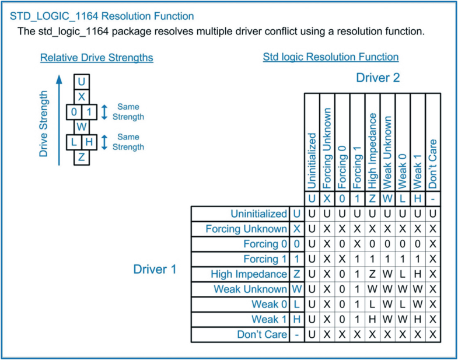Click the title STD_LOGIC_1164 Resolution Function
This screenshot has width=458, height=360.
[x=102, y=16]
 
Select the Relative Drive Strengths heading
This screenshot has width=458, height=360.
[x=96, y=58]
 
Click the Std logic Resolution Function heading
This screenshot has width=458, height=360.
[x=331, y=57]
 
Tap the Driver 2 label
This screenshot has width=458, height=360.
[x=379, y=78]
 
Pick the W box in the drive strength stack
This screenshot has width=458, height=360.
[x=82, y=127]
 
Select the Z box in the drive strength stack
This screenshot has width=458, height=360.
[x=82, y=157]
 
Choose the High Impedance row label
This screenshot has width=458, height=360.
[x=250, y=274]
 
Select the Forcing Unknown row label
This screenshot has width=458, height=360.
[x=246, y=229]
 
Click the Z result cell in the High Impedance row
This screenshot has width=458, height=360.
[x=372, y=274]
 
